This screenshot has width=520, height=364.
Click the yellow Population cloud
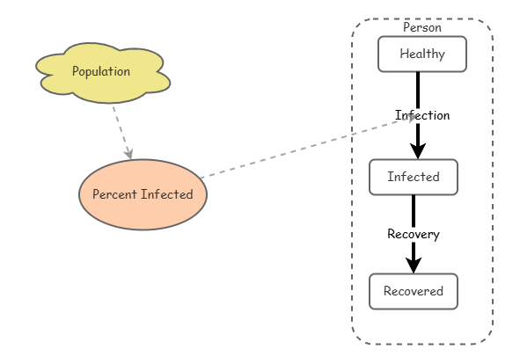pos(103,73)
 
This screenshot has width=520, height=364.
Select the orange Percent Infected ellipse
pos(143,194)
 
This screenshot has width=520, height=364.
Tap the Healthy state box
pos(422,54)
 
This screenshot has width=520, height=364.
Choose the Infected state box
pos(414,177)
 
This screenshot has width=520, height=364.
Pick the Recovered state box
pos(414,291)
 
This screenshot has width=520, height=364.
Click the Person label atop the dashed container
pos(422,27)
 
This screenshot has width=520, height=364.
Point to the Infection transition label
pos(422,115)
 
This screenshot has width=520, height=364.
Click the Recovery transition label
pos(414,234)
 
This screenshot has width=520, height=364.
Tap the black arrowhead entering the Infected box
pos(418,151)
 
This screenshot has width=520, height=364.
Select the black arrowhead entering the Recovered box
pos(414,266)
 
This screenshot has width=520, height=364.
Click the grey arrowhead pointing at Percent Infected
pos(128,154)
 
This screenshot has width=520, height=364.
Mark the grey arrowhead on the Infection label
pos(411,119)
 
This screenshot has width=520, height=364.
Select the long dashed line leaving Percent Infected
pos(308,148)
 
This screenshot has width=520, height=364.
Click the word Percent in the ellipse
pos(114,194)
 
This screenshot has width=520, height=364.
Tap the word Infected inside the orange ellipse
pos(167,194)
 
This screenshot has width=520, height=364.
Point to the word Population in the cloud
pos(101,71)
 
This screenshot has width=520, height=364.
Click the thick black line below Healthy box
pos(418,91)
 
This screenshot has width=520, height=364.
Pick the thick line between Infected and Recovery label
pos(414,211)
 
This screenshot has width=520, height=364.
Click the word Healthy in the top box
pos(422,54)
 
